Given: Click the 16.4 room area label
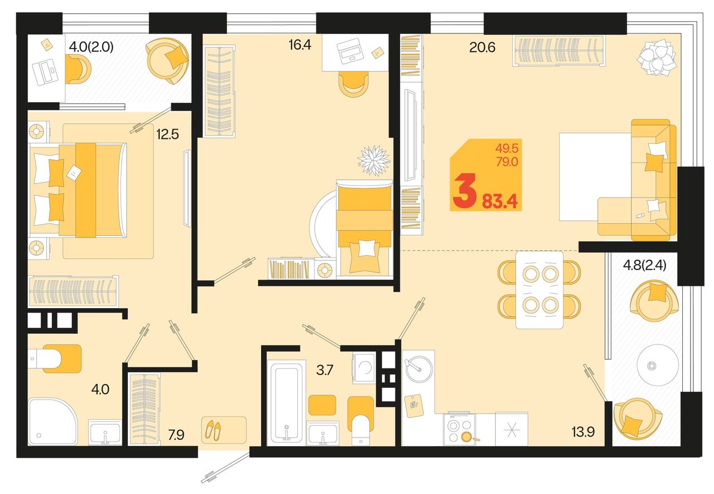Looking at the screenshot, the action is [x=300, y=45].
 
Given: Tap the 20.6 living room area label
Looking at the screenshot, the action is [x=483, y=47].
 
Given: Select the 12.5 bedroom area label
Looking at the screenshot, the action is [x=167, y=135].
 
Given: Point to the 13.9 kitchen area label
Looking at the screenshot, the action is [x=583, y=432].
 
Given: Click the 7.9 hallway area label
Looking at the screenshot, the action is [x=176, y=435].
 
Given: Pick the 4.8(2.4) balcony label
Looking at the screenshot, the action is [x=644, y=265].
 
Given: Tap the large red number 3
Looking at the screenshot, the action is [x=465, y=191].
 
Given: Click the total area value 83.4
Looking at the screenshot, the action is [x=499, y=202].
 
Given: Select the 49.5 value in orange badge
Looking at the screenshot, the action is [x=507, y=148].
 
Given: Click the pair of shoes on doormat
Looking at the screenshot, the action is [x=213, y=430].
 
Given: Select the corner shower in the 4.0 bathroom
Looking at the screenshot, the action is [x=52, y=421].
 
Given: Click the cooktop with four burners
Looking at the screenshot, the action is [x=459, y=429].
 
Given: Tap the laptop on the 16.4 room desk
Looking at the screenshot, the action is [x=351, y=51].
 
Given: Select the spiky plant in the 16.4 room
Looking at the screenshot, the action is [x=374, y=160].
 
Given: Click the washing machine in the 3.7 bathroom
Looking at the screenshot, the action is [x=363, y=368].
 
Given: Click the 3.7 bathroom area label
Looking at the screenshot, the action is [x=325, y=370].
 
